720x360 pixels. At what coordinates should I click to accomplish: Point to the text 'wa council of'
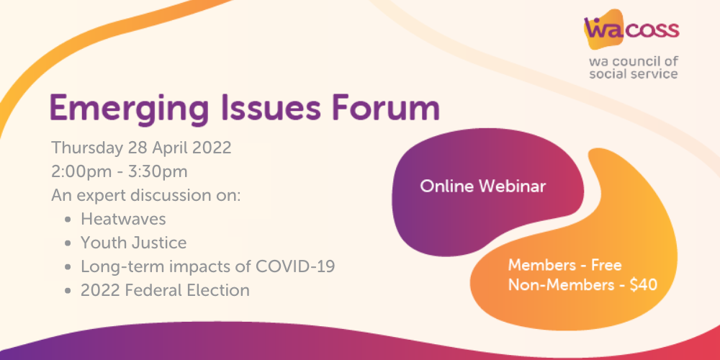point(634,61)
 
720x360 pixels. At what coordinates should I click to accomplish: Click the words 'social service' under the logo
point(634,73)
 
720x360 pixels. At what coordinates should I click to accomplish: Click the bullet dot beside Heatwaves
point(68,220)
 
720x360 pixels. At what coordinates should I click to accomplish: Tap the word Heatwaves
point(124,219)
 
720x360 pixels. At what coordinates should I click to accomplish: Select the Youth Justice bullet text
point(134,243)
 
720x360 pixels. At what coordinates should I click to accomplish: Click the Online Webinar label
point(483,186)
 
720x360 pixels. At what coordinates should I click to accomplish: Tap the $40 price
point(643,285)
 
